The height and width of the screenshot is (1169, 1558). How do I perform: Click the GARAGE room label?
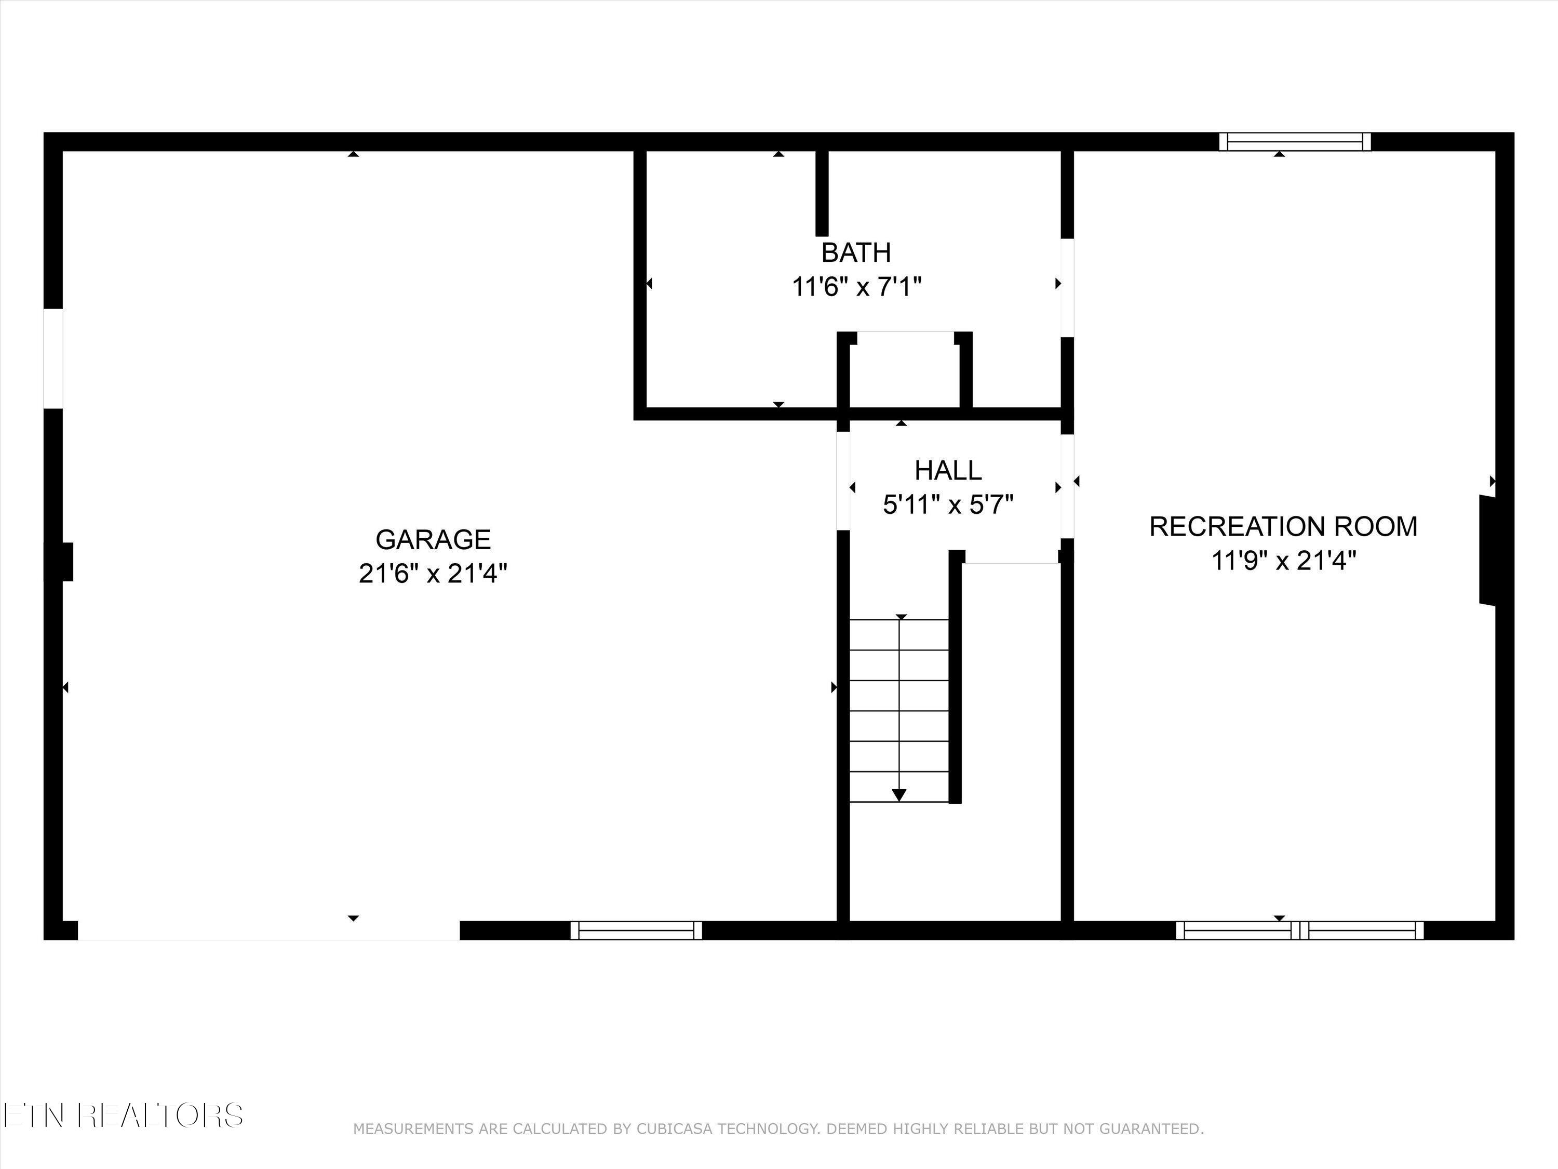point(433,540)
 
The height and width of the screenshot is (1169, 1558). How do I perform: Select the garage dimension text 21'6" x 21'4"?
point(433,574)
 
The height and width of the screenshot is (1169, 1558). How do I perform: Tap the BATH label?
point(856,253)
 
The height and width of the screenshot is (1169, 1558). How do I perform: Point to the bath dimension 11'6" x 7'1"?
point(856,287)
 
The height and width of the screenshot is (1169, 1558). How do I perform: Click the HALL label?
point(947,470)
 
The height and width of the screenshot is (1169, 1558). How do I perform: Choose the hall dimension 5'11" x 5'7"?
point(947,504)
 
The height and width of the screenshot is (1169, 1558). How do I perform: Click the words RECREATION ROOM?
point(1283,526)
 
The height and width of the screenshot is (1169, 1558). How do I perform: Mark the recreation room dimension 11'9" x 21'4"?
point(1283,562)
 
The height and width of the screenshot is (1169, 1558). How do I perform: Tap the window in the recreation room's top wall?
point(1295,142)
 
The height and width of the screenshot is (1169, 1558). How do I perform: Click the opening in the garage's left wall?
point(53,358)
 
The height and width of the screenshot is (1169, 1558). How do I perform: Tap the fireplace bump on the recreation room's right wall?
point(1487,550)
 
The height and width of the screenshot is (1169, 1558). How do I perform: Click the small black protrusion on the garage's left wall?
point(66,562)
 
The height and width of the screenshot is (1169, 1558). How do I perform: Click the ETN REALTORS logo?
point(123,1115)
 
